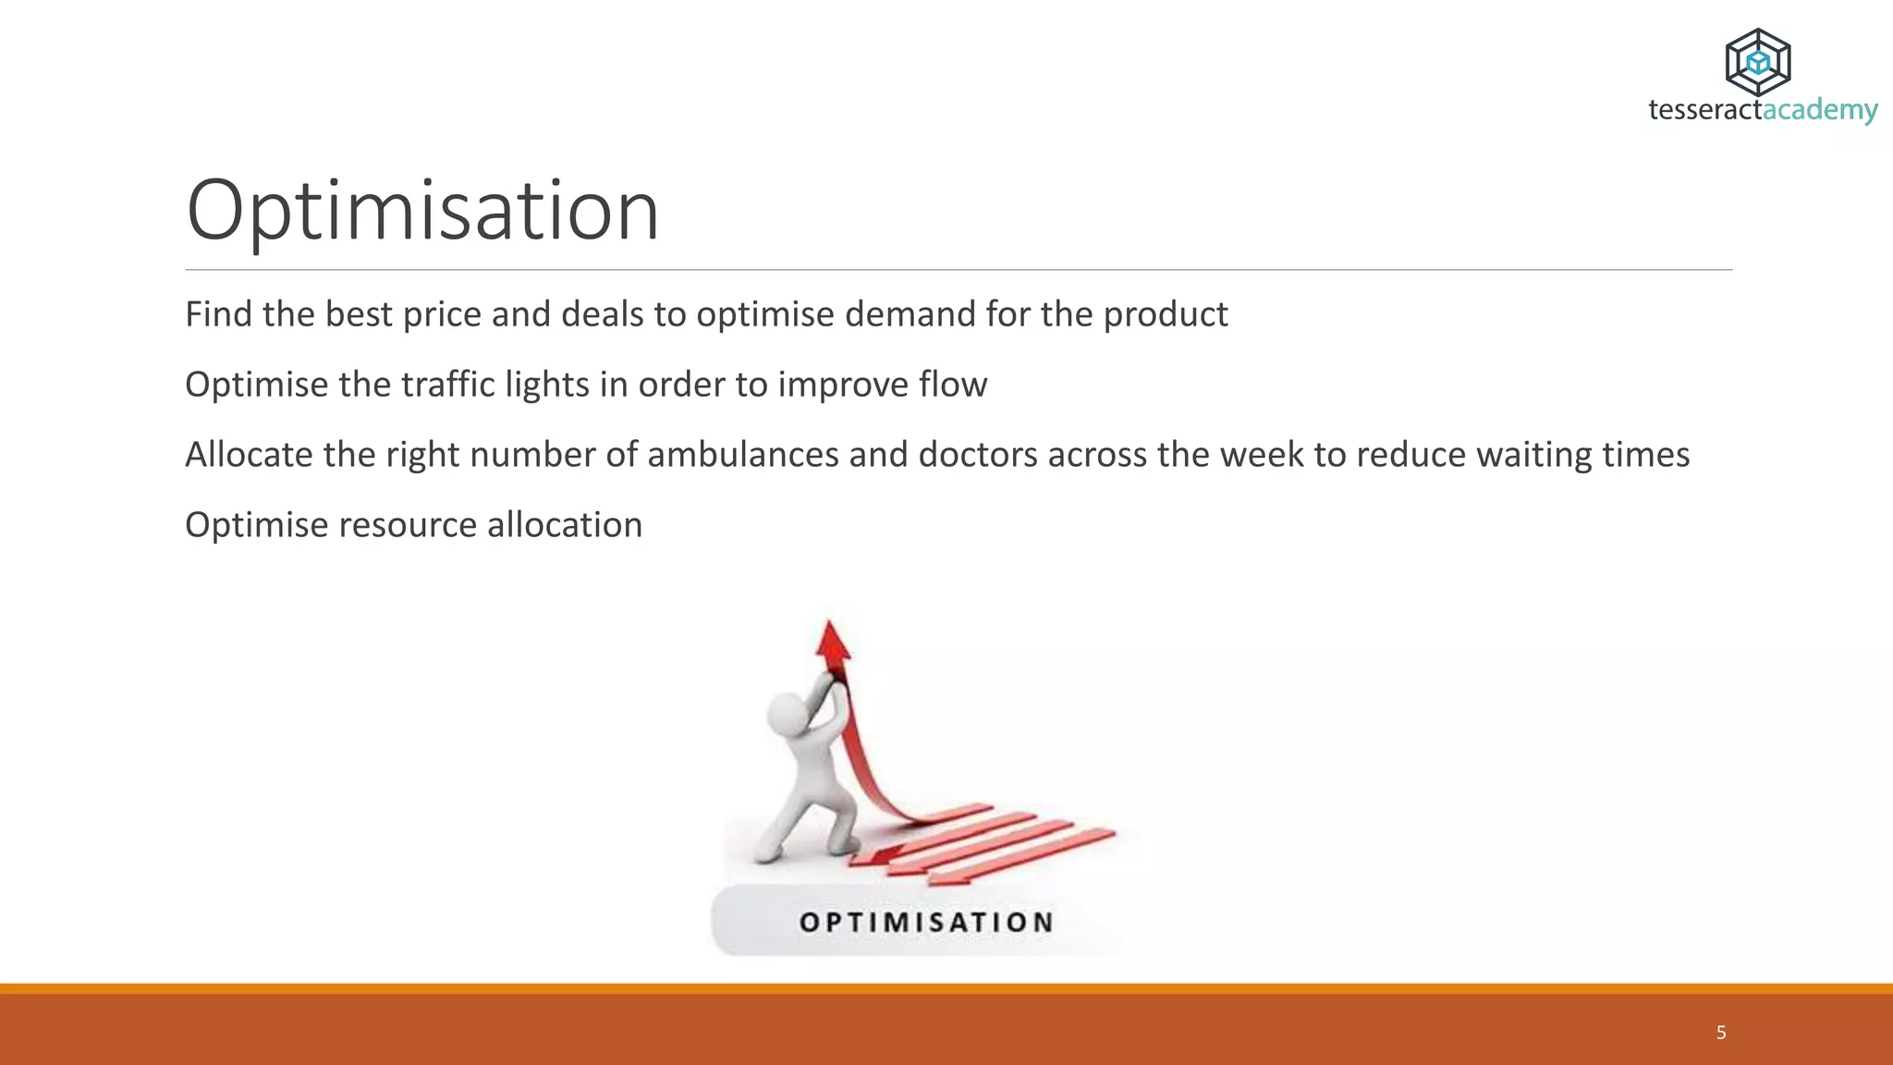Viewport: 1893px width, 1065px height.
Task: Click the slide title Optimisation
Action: [x=422, y=211]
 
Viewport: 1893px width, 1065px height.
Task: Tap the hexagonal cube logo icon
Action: [x=1758, y=63]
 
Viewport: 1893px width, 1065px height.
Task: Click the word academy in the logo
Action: [x=1820, y=110]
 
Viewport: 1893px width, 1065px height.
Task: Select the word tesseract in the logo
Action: [x=1705, y=110]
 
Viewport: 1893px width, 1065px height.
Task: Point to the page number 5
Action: [x=1721, y=1033]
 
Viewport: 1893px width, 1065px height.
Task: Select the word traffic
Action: [x=448, y=385]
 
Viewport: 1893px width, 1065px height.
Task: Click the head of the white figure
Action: [x=788, y=714]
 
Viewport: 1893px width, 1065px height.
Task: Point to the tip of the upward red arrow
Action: [x=829, y=624]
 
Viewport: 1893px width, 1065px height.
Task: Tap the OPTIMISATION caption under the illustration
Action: [x=926, y=922]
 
